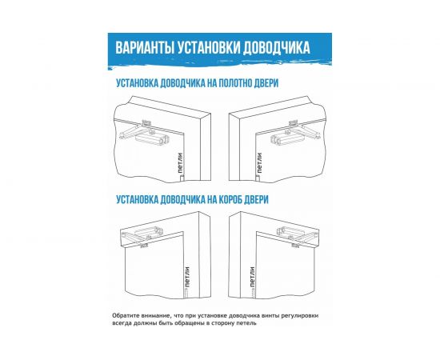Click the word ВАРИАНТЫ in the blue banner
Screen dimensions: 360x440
[x=142, y=47]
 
